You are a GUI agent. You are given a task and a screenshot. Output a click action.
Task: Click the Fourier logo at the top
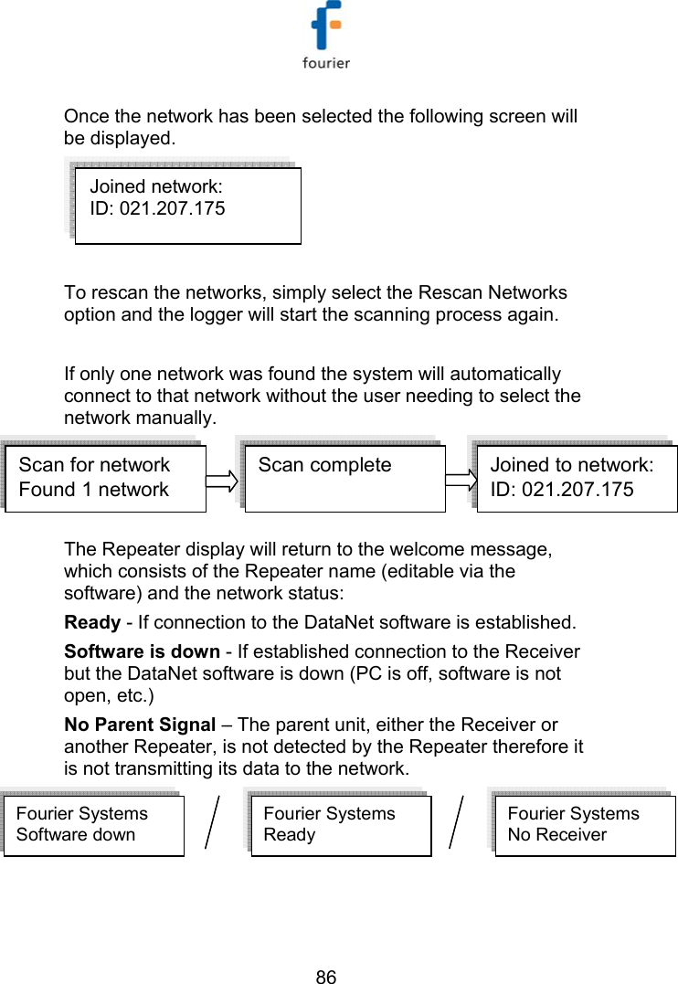(326, 36)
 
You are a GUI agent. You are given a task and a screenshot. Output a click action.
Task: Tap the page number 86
(326, 977)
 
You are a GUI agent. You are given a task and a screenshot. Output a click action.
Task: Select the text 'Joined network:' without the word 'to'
(156, 186)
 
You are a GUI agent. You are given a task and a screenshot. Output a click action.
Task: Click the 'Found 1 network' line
(93, 489)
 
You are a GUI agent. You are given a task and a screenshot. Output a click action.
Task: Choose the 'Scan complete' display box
(345, 479)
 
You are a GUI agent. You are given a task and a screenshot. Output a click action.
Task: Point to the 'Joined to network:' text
(571, 464)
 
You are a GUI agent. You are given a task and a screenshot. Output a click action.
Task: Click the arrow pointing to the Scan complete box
(219, 479)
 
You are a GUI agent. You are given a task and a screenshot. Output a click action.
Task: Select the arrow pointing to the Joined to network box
(461, 479)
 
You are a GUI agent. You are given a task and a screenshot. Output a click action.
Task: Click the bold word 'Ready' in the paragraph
(91, 623)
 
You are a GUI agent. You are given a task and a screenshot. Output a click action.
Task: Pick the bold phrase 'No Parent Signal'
(140, 725)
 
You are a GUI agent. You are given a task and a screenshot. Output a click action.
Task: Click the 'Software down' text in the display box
(75, 834)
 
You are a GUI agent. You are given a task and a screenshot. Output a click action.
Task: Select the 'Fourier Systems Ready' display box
(341, 825)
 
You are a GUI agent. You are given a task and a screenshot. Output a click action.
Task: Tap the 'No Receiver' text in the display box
(556, 834)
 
